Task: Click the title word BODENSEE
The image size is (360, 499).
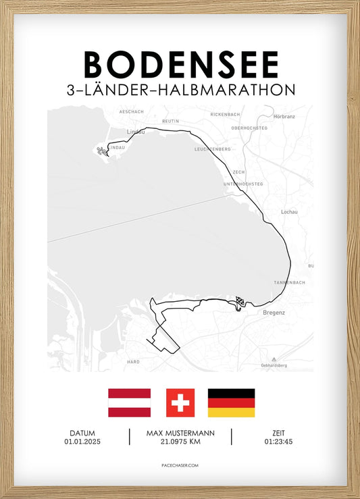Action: coord(180,65)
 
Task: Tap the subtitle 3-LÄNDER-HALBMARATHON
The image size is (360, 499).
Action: coord(180,90)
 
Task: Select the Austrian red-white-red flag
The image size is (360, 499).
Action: coord(129,402)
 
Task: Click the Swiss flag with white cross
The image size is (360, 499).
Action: coord(180,402)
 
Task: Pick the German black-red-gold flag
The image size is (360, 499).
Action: coord(231,402)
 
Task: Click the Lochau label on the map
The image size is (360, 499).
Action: coord(289,212)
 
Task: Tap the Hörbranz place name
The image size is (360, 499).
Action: coord(284,116)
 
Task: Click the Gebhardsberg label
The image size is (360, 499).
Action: coord(273,365)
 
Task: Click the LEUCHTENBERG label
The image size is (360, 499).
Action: coord(213,149)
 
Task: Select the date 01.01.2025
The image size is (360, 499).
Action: coord(82,442)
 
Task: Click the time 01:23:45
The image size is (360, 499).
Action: coord(278,442)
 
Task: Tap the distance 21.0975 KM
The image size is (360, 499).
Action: coord(180,442)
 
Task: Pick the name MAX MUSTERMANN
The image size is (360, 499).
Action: coord(180,433)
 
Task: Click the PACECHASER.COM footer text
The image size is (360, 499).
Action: coord(180,465)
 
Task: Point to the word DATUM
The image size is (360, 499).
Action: coord(82,433)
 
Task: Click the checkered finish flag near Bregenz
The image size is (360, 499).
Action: coord(240,301)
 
